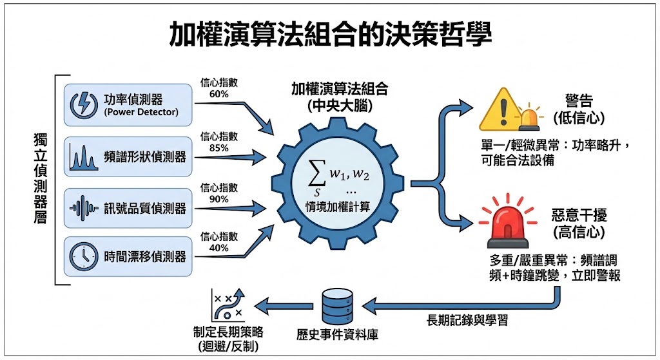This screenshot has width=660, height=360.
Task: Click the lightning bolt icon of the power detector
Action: (85, 104)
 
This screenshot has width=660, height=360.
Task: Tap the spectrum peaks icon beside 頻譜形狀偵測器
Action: (84, 156)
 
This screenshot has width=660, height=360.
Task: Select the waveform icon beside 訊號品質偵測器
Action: (84, 208)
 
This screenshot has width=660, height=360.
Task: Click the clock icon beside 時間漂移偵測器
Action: (84, 256)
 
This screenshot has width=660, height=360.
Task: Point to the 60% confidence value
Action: (219, 94)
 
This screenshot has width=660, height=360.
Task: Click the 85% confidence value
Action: (219, 147)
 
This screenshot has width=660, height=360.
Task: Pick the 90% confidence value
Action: (219, 199)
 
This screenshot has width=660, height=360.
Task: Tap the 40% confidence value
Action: (219, 248)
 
